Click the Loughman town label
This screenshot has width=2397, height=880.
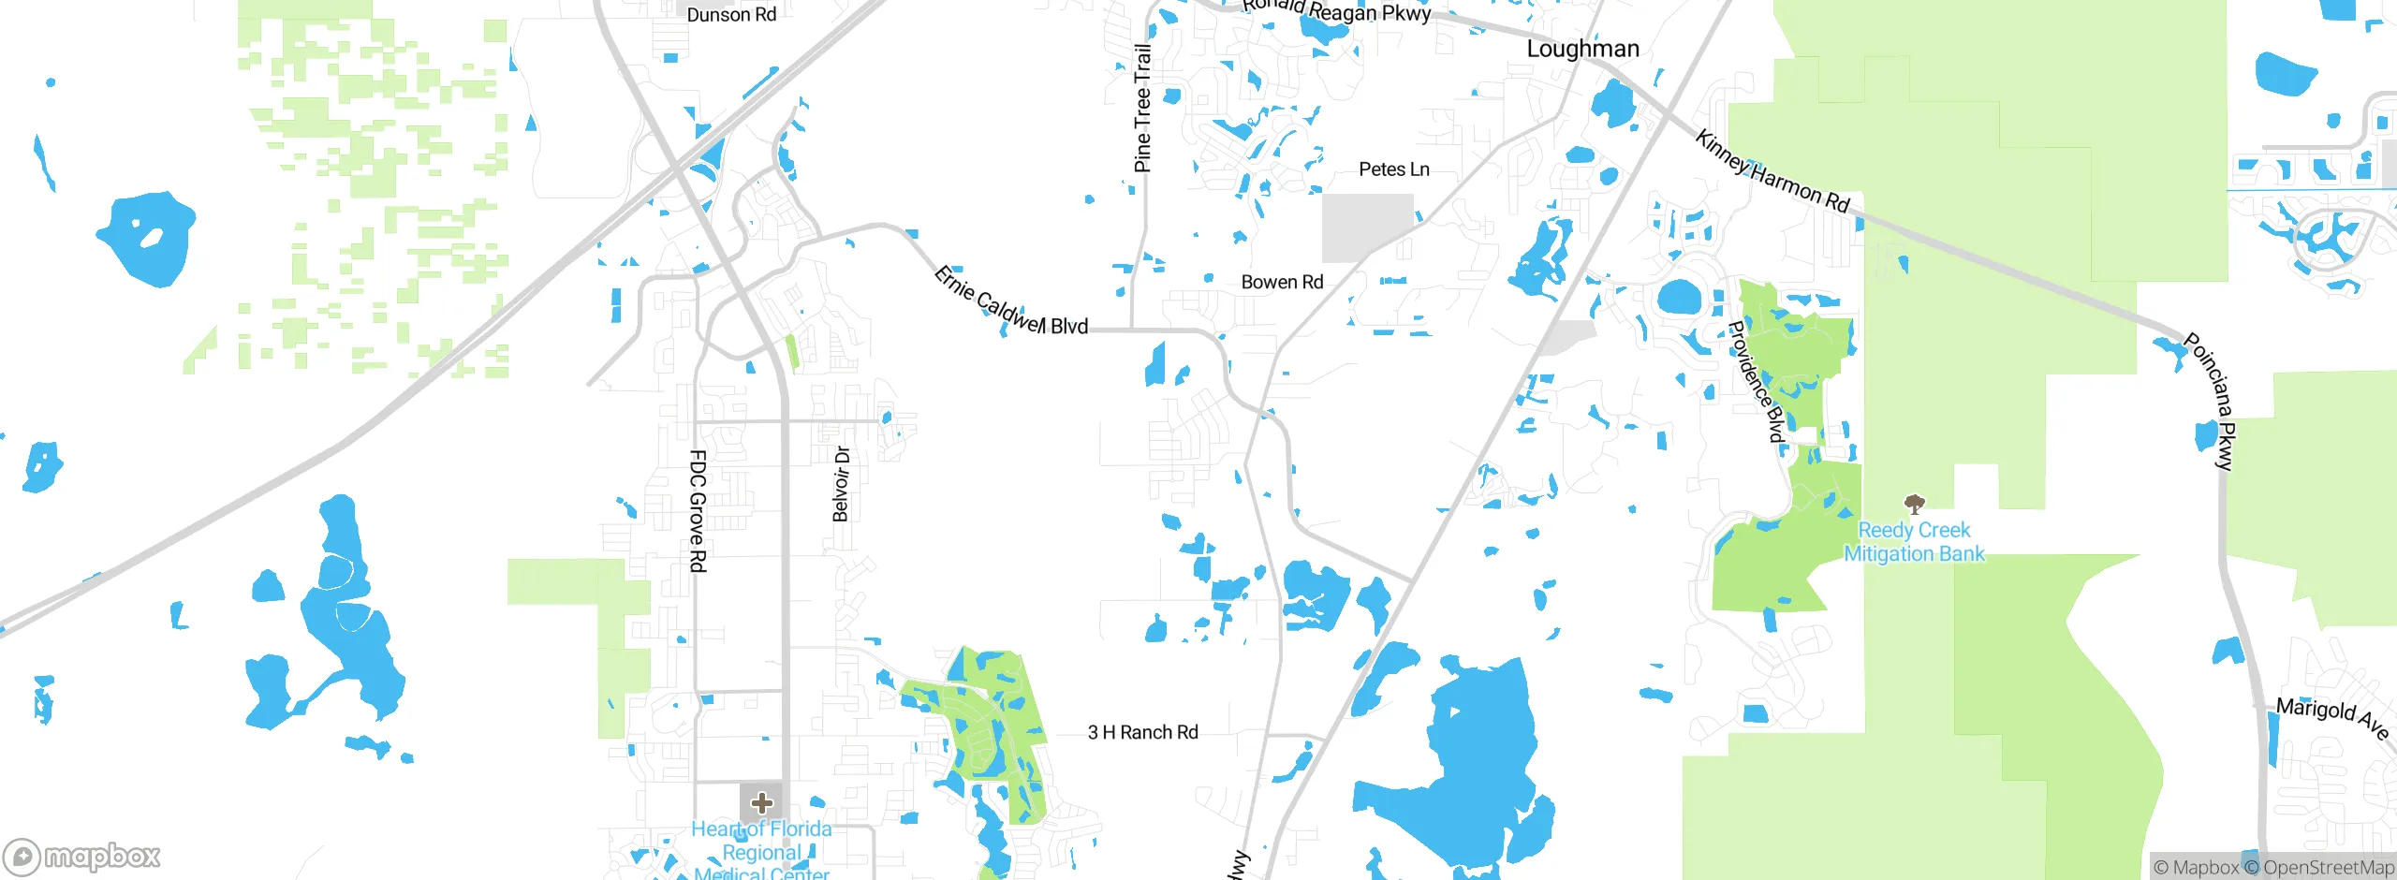(x=1582, y=49)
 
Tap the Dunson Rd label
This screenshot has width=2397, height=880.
(x=731, y=15)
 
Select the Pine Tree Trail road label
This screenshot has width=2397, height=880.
(x=1142, y=109)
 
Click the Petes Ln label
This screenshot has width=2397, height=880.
(x=1393, y=169)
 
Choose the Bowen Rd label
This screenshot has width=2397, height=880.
(x=1282, y=282)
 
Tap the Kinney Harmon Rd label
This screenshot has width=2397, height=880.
(x=1772, y=172)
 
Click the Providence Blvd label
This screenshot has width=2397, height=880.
(x=1756, y=381)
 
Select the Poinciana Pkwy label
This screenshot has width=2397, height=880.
(x=2211, y=401)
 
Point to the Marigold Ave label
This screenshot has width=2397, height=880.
(x=2331, y=716)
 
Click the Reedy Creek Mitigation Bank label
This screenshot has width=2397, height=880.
(x=1914, y=542)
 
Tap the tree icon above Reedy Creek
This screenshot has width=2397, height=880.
(x=1915, y=504)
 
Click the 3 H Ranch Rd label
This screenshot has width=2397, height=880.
(x=1142, y=732)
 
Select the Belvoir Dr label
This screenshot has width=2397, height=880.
(x=841, y=483)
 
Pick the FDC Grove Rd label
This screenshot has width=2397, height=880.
(x=698, y=511)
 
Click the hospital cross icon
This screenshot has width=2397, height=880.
(x=762, y=802)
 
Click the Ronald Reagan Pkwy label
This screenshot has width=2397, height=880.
(x=1336, y=10)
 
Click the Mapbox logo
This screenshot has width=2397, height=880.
(x=81, y=857)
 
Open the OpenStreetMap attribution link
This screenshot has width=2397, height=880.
(x=2328, y=868)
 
